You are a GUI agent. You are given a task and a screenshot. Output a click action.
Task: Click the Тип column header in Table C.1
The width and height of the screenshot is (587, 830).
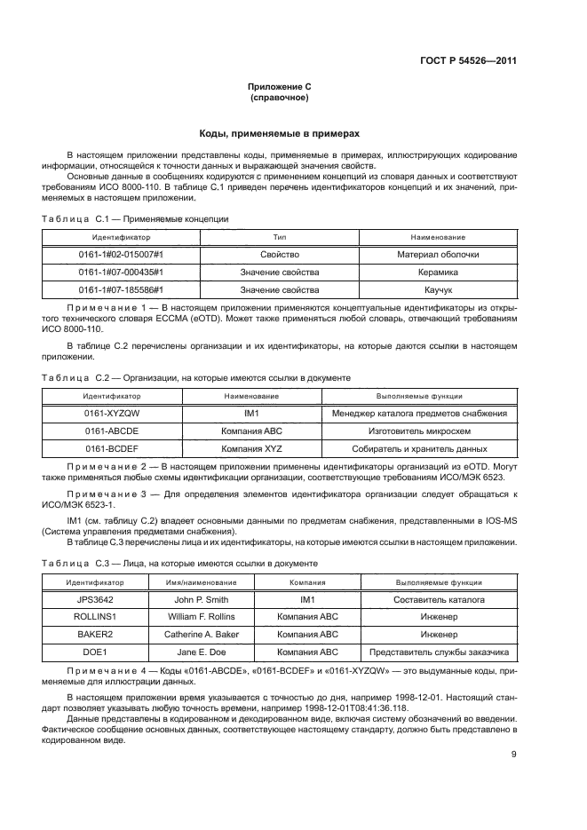pos(280,238)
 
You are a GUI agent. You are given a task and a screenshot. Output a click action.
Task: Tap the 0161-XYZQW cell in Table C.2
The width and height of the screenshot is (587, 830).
pos(112,413)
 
